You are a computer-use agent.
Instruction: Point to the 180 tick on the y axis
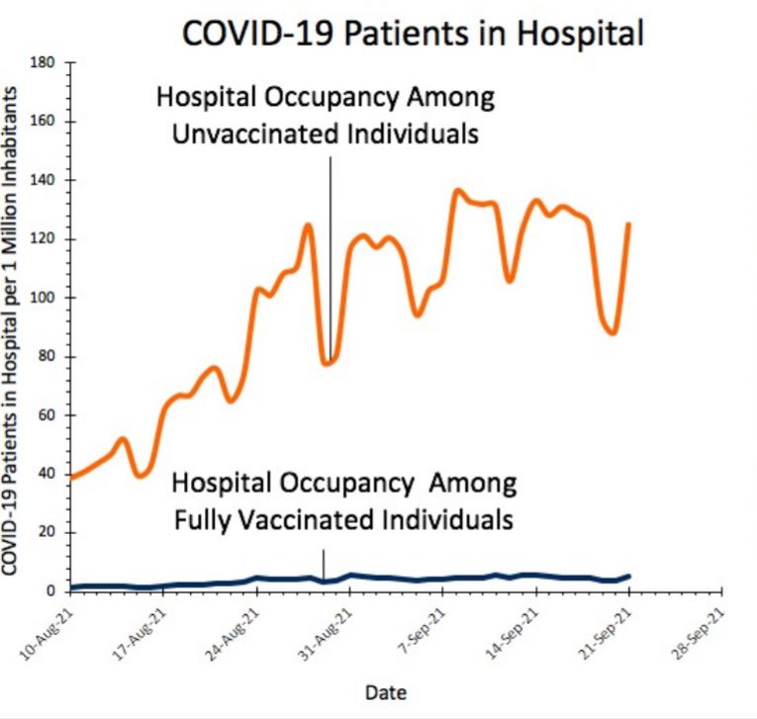tap(42, 62)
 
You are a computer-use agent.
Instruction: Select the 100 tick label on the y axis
tap(42, 298)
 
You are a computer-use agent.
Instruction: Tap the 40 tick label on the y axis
tap(46, 475)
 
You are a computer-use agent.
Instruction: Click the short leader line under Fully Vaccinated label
tap(324, 564)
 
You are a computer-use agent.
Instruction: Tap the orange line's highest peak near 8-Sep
tap(457, 190)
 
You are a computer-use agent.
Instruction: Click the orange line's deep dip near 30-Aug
tap(327, 363)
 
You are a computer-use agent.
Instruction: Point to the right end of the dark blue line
tap(629, 576)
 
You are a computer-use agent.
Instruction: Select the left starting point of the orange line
tap(70, 477)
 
